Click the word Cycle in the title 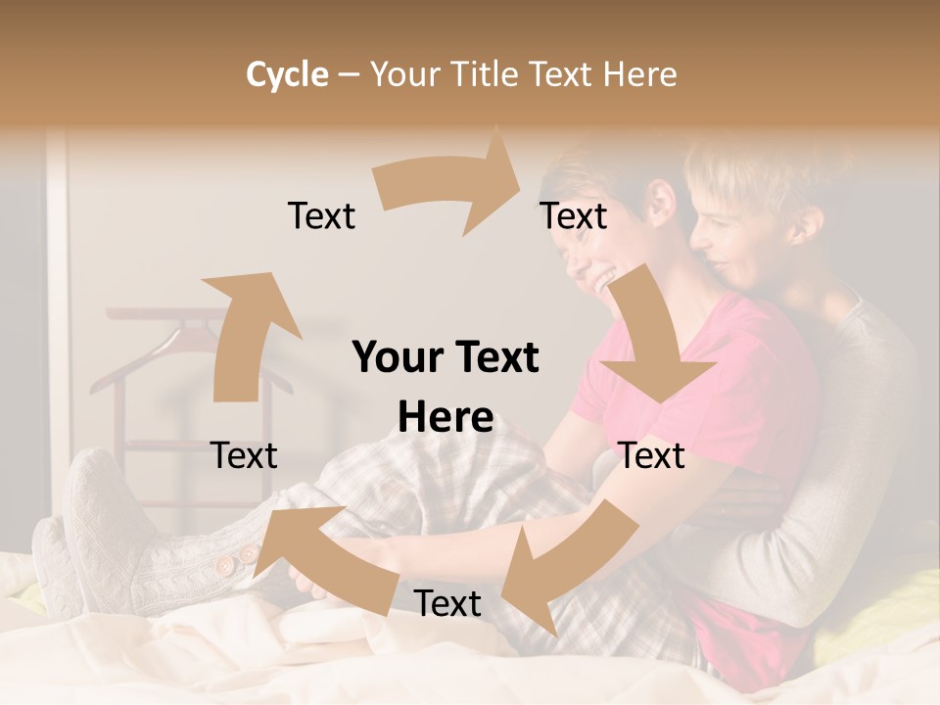(287, 74)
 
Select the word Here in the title (639, 74)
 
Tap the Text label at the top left (321, 216)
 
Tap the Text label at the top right (574, 216)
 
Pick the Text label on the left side (244, 455)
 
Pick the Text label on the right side (652, 455)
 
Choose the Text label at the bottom (447, 603)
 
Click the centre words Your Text (446, 358)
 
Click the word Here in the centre (446, 418)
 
